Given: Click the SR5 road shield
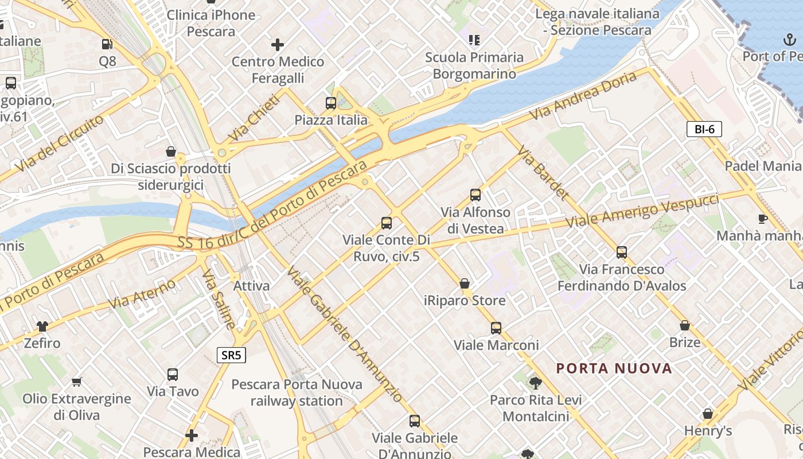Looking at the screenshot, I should [231, 355].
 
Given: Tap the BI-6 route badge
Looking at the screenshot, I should [704, 129].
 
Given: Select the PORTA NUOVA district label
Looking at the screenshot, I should [614, 368].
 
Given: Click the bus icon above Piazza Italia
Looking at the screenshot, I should [331, 103].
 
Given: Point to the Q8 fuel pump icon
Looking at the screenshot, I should [107, 44].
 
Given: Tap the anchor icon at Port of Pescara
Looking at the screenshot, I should [789, 40].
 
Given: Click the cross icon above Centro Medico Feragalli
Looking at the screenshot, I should [278, 44].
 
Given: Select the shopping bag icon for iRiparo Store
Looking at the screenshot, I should [465, 283].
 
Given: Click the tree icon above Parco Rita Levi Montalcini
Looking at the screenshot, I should [535, 383].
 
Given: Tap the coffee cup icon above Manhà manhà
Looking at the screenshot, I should [762, 219].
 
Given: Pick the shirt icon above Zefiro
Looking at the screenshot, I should [42, 326].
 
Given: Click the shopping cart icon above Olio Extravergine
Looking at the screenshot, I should [76, 382].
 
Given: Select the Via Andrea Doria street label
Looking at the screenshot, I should [583, 96].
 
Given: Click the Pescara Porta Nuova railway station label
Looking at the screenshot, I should [297, 392].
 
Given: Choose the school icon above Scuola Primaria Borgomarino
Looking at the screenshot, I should [474, 40].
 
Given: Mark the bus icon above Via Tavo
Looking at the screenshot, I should [173, 375].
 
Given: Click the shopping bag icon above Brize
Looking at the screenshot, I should [684, 325].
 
